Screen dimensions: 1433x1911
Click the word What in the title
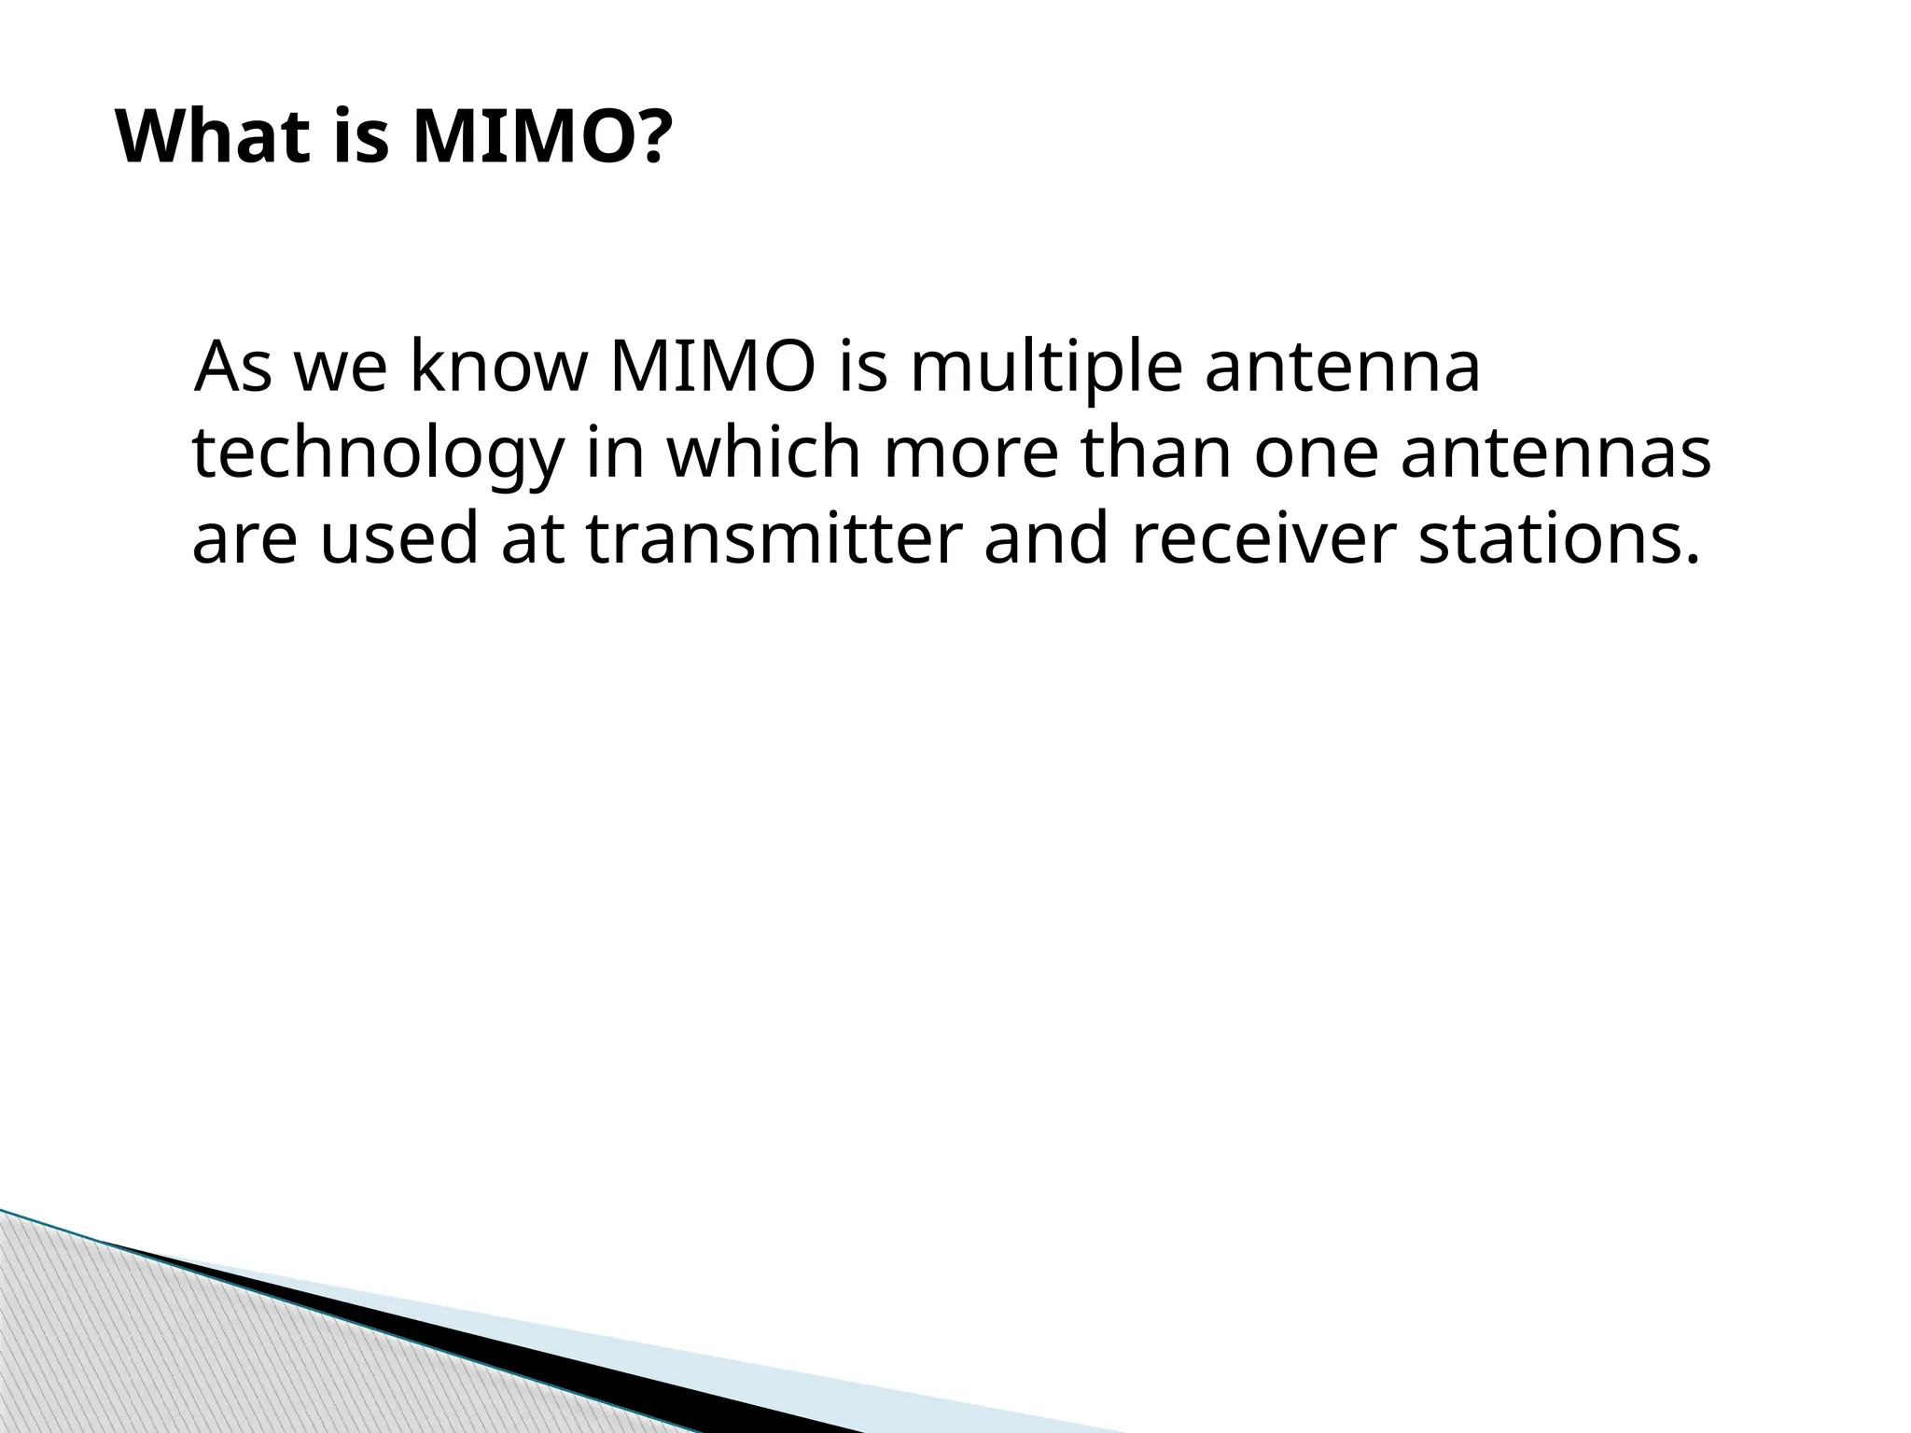point(214,138)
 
